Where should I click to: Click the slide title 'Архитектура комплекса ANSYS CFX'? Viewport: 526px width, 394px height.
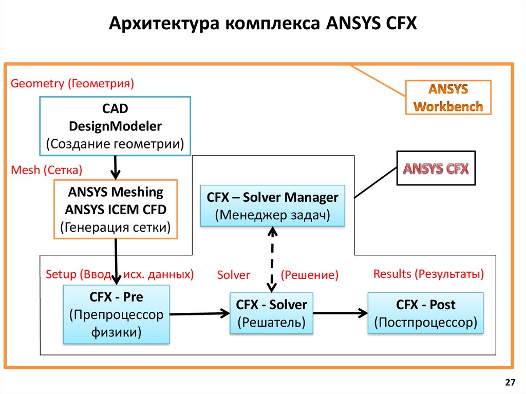[x=263, y=24]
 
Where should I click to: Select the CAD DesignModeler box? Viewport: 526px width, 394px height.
[x=115, y=126]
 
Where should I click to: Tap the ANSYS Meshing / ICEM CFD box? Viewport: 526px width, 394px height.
[x=115, y=209]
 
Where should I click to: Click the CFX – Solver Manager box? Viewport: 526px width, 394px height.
[x=272, y=205]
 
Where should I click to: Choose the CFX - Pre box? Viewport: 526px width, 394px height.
[x=116, y=314]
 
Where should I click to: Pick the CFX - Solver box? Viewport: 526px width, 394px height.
[x=271, y=313]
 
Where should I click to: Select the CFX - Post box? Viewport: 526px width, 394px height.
[x=425, y=313]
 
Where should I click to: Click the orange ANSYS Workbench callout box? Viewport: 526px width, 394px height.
[x=448, y=98]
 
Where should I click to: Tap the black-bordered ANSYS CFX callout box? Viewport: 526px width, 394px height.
[x=436, y=168]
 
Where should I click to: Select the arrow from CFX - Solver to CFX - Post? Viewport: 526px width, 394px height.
[x=341, y=312]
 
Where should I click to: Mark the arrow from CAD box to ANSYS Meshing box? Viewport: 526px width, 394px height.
[x=116, y=167]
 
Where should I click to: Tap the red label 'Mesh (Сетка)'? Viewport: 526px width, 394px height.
[x=47, y=170]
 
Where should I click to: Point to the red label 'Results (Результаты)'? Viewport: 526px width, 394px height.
[x=428, y=274]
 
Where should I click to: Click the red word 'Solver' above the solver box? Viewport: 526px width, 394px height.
[x=233, y=275]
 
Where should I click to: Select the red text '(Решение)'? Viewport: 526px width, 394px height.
[x=309, y=275]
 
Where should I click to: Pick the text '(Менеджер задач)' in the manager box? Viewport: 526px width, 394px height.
[x=272, y=215]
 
